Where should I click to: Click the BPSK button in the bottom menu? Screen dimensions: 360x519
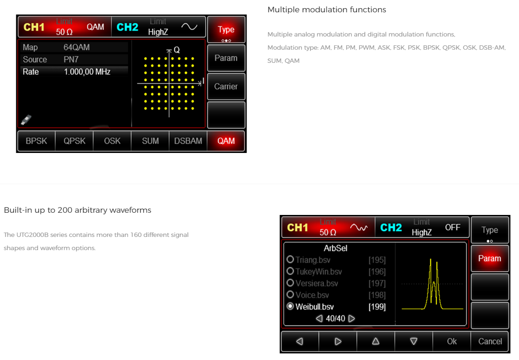pyautogui.click(x=36, y=141)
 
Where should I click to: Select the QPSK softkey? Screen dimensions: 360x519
pyautogui.click(x=74, y=141)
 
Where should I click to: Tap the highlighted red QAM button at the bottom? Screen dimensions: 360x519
pyautogui.click(x=226, y=141)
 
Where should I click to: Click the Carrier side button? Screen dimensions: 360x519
pyautogui.click(x=226, y=87)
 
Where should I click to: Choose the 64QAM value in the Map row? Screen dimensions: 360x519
pyautogui.click(x=76, y=47)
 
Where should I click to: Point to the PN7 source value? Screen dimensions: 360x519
pyautogui.click(x=71, y=59)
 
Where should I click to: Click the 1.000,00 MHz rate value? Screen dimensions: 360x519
pyautogui.click(x=87, y=72)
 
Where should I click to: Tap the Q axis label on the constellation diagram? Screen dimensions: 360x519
pyautogui.click(x=177, y=50)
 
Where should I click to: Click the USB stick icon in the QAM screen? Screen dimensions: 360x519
pyautogui.click(x=26, y=119)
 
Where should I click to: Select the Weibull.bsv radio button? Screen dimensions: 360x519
pyautogui.click(x=290, y=306)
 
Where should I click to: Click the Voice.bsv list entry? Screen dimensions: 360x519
pyautogui.click(x=312, y=295)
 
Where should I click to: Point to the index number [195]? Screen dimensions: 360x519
pyautogui.click(x=377, y=260)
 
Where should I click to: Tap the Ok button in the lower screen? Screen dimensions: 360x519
pyautogui.click(x=451, y=342)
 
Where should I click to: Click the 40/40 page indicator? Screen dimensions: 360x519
pyautogui.click(x=335, y=319)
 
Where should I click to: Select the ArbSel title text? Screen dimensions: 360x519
pyautogui.click(x=335, y=248)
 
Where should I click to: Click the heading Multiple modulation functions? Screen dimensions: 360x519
pyautogui.click(x=327, y=10)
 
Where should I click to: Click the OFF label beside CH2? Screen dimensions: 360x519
pyautogui.click(x=452, y=227)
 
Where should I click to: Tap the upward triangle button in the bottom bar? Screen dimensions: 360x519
pyautogui.click(x=376, y=342)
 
